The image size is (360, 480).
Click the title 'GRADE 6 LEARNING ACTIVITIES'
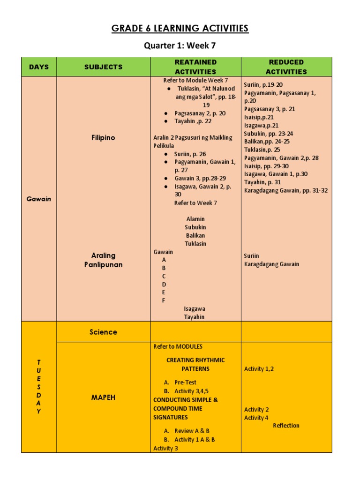click(x=180, y=29)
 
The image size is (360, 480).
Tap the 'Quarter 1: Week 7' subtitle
click(x=180, y=46)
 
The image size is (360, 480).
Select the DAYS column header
click(x=39, y=67)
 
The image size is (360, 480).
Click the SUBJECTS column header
click(x=103, y=67)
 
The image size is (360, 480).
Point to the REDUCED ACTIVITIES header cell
click(x=286, y=67)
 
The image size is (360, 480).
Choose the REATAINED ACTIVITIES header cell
click(x=195, y=67)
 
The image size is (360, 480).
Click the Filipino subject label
click(x=103, y=138)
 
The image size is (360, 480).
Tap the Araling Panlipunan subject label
click(x=103, y=260)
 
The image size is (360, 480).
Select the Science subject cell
click(x=103, y=332)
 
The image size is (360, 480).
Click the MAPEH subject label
click(x=103, y=397)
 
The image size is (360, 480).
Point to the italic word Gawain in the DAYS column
click(x=39, y=199)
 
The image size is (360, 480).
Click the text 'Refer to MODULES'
click(x=178, y=346)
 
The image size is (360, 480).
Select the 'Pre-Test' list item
click(x=185, y=382)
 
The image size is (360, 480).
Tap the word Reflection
click(x=286, y=426)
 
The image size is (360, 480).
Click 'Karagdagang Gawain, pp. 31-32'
click(x=285, y=190)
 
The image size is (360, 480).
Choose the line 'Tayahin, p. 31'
click(x=262, y=182)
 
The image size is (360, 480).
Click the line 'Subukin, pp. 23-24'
click(x=268, y=134)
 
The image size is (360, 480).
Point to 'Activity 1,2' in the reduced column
click(x=259, y=369)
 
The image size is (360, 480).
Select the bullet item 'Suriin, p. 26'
click(x=190, y=154)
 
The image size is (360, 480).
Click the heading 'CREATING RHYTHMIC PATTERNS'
click(x=195, y=364)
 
